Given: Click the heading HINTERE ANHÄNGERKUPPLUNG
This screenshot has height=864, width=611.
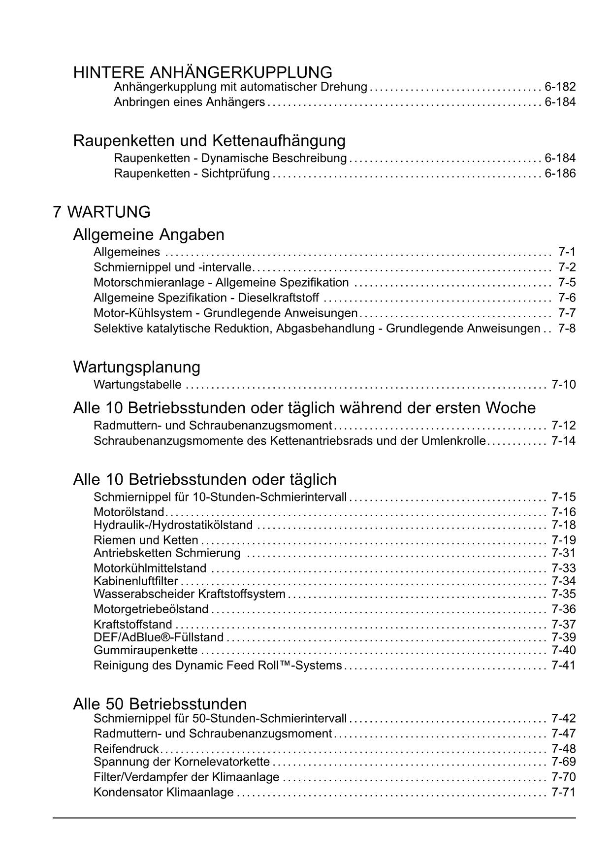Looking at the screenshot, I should click(202, 72).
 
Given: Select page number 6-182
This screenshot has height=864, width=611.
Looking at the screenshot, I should click(560, 87).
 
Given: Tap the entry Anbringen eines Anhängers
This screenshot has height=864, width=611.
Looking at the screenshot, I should click(190, 102).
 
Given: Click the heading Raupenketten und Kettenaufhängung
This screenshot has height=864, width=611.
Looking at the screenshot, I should click(209, 141).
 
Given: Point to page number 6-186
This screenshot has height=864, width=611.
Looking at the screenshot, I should click(560, 173).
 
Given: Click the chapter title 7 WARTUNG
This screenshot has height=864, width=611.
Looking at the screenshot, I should click(101, 212).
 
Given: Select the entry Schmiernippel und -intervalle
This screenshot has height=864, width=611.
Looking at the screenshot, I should click(172, 267).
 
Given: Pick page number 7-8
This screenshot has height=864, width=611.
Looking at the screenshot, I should click(567, 329).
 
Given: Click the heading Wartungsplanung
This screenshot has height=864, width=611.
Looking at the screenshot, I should click(136, 367).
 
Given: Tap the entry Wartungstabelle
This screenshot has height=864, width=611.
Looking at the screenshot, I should click(137, 385).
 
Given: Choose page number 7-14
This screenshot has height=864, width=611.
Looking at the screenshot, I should click(563, 441).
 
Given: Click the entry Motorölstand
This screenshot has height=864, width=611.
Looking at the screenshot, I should click(129, 512).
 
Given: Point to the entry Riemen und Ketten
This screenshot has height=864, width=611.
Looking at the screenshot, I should click(146, 540).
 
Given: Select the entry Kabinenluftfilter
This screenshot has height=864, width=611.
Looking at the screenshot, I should click(135, 581).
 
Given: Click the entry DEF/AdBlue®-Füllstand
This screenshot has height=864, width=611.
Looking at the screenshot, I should click(159, 637).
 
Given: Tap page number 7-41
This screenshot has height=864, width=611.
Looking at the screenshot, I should click(563, 666).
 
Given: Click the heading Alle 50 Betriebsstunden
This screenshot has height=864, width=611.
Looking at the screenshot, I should click(160, 703).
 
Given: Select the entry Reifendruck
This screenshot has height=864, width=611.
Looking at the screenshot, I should click(126, 749).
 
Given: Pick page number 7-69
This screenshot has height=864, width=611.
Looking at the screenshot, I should click(563, 762).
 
